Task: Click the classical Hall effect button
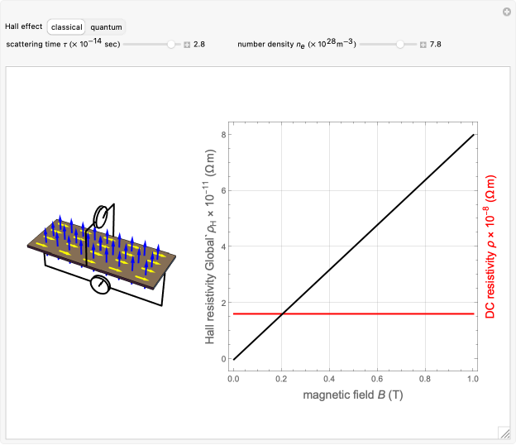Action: [x=66, y=27]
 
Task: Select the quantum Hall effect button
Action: [x=106, y=27]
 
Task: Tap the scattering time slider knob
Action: [x=171, y=44]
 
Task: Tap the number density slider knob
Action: [x=400, y=44]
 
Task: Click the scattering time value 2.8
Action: [x=199, y=45]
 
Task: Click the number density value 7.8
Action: [x=435, y=45]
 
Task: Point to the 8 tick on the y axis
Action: [x=224, y=135]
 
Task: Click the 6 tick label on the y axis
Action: [x=224, y=190]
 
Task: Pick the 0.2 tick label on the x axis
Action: [x=281, y=379]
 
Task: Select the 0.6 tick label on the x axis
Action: [x=377, y=379]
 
